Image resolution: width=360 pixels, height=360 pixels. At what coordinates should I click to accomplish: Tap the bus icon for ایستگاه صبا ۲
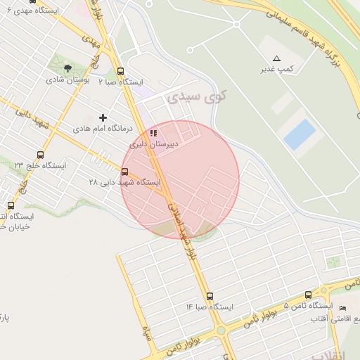click(x=120, y=71)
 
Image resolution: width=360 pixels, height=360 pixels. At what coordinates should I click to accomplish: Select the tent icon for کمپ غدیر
click(x=276, y=58)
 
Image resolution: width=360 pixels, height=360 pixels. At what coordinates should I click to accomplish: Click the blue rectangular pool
click(x=299, y=133)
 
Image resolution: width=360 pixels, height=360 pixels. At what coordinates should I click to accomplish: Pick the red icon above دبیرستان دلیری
click(x=153, y=133)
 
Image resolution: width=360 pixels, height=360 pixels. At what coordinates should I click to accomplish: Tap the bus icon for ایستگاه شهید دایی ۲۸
click(x=125, y=172)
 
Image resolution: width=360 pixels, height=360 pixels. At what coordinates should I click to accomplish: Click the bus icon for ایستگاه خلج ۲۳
click(x=40, y=155)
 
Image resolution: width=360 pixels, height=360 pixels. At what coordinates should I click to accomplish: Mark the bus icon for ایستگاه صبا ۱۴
click(x=210, y=296)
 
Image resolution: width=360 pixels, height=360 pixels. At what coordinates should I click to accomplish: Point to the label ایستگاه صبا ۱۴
click(x=209, y=307)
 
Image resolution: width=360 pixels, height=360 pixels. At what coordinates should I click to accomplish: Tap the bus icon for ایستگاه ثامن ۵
click(x=308, y=296)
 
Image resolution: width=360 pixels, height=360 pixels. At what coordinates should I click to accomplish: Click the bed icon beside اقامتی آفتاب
click(x=342, y=309)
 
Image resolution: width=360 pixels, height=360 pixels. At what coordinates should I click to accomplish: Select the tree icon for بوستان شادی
click(x=67, y=69)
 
